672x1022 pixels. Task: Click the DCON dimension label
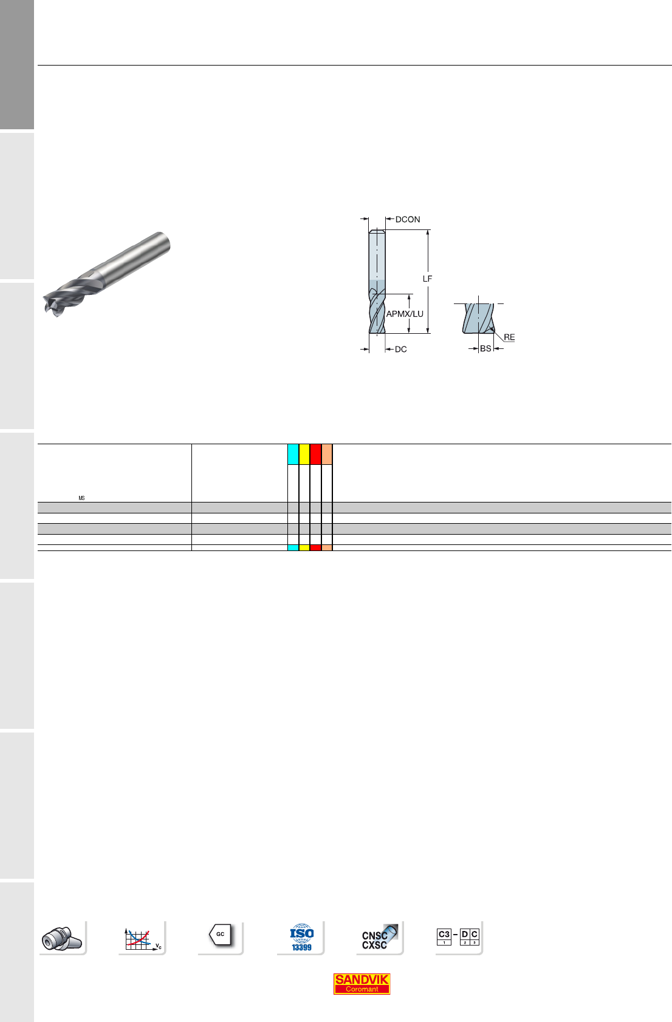[x=408, y=220]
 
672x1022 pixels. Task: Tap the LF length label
[x=427, y=279]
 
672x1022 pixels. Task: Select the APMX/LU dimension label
[x=405, y=314]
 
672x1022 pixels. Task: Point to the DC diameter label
[x=400, y=350]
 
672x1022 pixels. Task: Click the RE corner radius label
[x=509, y=337]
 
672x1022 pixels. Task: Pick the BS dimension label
[x=485, y=348]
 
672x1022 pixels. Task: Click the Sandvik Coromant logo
[x=362, y=984]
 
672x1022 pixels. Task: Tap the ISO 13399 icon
[x=301, y=937]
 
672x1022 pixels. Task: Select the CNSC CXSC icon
[x=380, y=938]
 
